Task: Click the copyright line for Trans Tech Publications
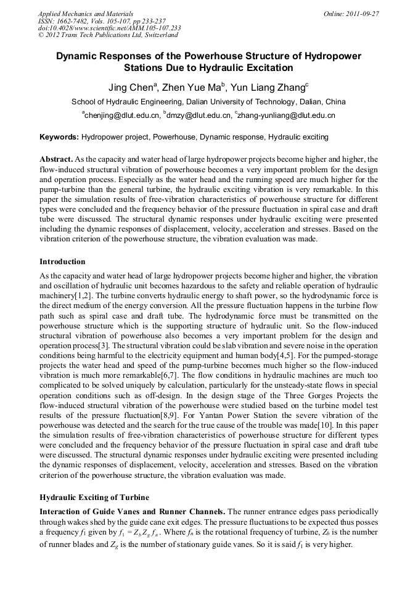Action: pyautogui.click(x=108, y=35)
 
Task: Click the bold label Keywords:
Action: pyautogui.click(x=59, y=136)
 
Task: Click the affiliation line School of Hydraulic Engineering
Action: pyautogui.click(x=208, y=102)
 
